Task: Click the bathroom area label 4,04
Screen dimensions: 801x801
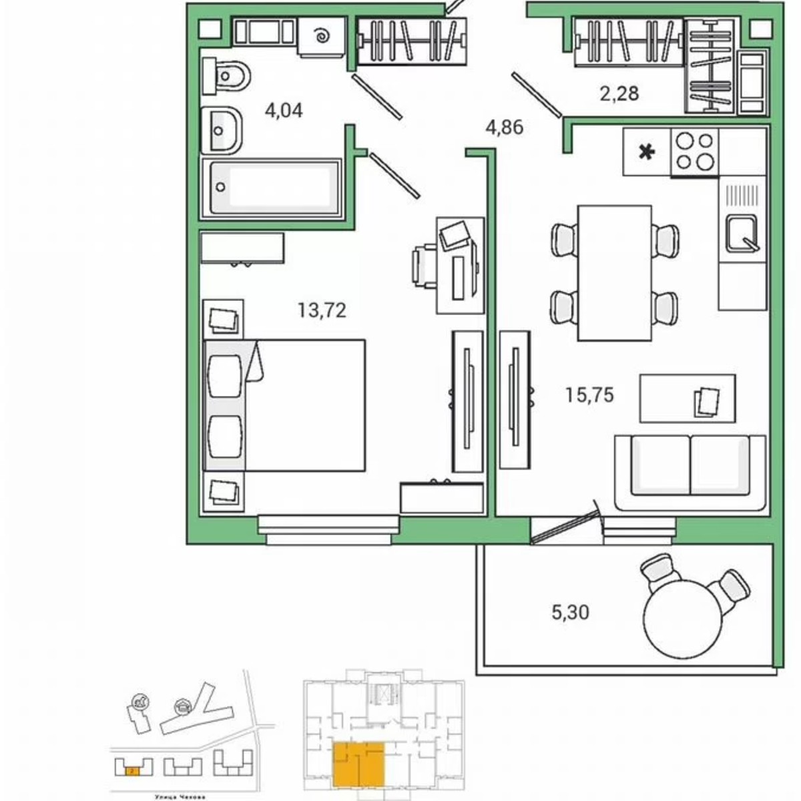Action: pyautogui.click(x=284, y=110)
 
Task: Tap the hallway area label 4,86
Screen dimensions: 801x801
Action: pyautogui.click(x=504, y=127)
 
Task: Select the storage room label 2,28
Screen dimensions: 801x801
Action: pyautogui.click(x=619, y=93)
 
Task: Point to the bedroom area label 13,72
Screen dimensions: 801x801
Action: pyautogui.click(x=322, y=310)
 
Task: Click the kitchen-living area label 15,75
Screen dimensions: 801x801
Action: pyautogui.click(x=589, y=395)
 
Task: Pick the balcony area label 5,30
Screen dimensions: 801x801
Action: pyautogui.click(x=571, y=611)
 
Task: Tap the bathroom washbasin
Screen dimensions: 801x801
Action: pyautogui.click(x=222, y=129)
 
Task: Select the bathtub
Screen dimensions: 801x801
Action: pyautogui.click(x=272, y=187)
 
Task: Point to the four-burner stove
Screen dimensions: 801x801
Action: pyautogui.click(x=695, y=152)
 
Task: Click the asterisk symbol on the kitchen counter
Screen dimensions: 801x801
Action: pyautogui.click(x=646, y=153)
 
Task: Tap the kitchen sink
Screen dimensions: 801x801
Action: pyautogui.click(x=742, y=234)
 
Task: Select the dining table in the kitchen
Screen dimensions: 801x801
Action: pyautogui.click(x=614, y=272)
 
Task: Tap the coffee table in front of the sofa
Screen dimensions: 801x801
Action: pyautogui.click(x=688, y=398)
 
